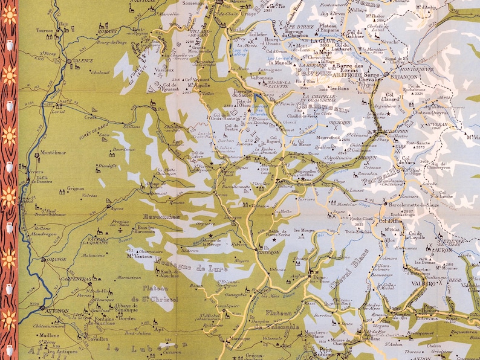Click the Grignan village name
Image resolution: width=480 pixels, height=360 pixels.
pos(76,188)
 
